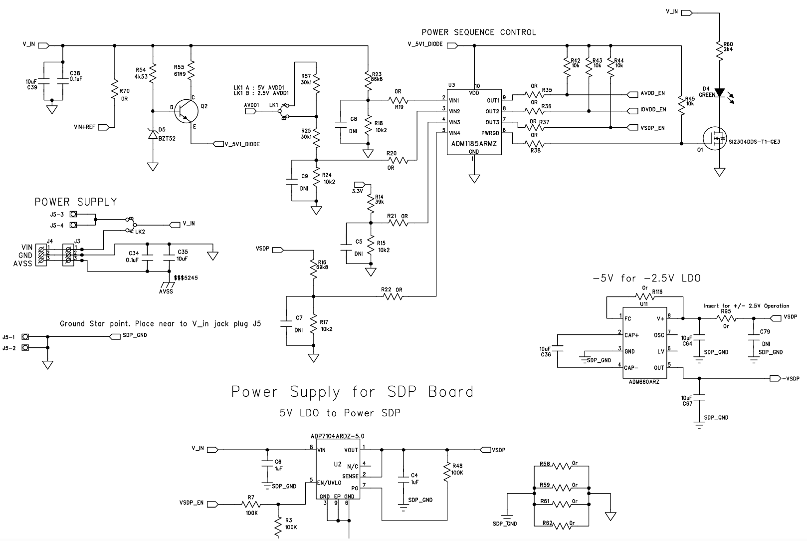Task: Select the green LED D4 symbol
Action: click(719, 93)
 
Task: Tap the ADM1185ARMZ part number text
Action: click(474, 143)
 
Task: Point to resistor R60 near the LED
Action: click(719, 50)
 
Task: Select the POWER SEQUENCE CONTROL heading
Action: click(478, 32)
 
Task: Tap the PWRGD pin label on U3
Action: click(490, 133)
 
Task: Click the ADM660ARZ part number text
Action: click(641, 382)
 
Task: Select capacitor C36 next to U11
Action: click(558, 350)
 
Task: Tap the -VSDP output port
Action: click(785, 378)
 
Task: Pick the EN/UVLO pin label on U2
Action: click(329, 483)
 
